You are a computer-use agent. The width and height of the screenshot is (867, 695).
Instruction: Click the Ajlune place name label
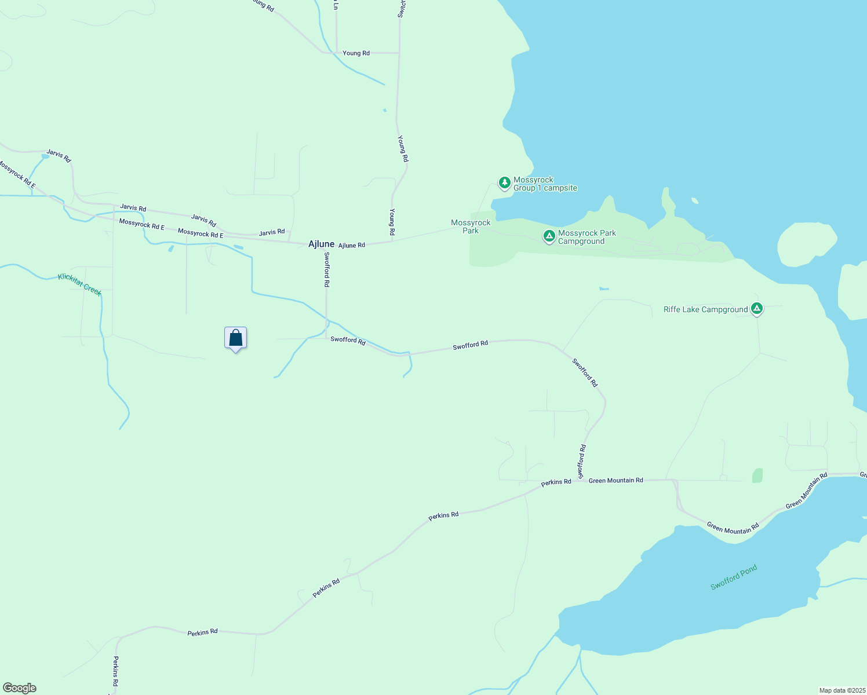321,244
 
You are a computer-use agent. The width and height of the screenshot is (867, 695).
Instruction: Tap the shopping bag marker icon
235,338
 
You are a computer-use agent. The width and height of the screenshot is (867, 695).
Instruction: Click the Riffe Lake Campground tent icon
756,309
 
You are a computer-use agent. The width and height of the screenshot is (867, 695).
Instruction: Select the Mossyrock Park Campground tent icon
549,236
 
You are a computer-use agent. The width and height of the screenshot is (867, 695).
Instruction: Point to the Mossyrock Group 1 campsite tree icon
504,183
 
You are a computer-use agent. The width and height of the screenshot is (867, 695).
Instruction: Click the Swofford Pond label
734,577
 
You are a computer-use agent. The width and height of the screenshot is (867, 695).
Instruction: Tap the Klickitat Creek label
80,284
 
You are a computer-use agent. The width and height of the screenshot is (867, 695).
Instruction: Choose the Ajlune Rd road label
352,245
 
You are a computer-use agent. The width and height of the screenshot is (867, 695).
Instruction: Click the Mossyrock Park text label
471,226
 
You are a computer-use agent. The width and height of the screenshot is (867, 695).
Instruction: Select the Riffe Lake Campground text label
705,310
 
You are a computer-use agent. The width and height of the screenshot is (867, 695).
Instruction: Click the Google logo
20,688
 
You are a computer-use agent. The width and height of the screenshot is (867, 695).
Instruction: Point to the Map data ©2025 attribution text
842,690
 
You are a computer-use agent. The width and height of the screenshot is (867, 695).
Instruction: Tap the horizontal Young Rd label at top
356,53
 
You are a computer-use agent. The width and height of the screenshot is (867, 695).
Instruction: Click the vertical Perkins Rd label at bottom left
115,671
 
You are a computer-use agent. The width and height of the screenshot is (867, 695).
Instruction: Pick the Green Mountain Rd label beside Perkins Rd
615,480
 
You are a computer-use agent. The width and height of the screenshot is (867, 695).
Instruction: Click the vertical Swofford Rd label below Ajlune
326,270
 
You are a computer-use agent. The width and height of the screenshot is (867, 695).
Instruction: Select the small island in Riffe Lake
807,244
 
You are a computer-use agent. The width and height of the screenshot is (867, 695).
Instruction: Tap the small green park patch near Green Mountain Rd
757,475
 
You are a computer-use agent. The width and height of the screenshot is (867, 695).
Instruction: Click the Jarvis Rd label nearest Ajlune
272,232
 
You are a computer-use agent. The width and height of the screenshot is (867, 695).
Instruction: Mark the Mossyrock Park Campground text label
586,237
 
